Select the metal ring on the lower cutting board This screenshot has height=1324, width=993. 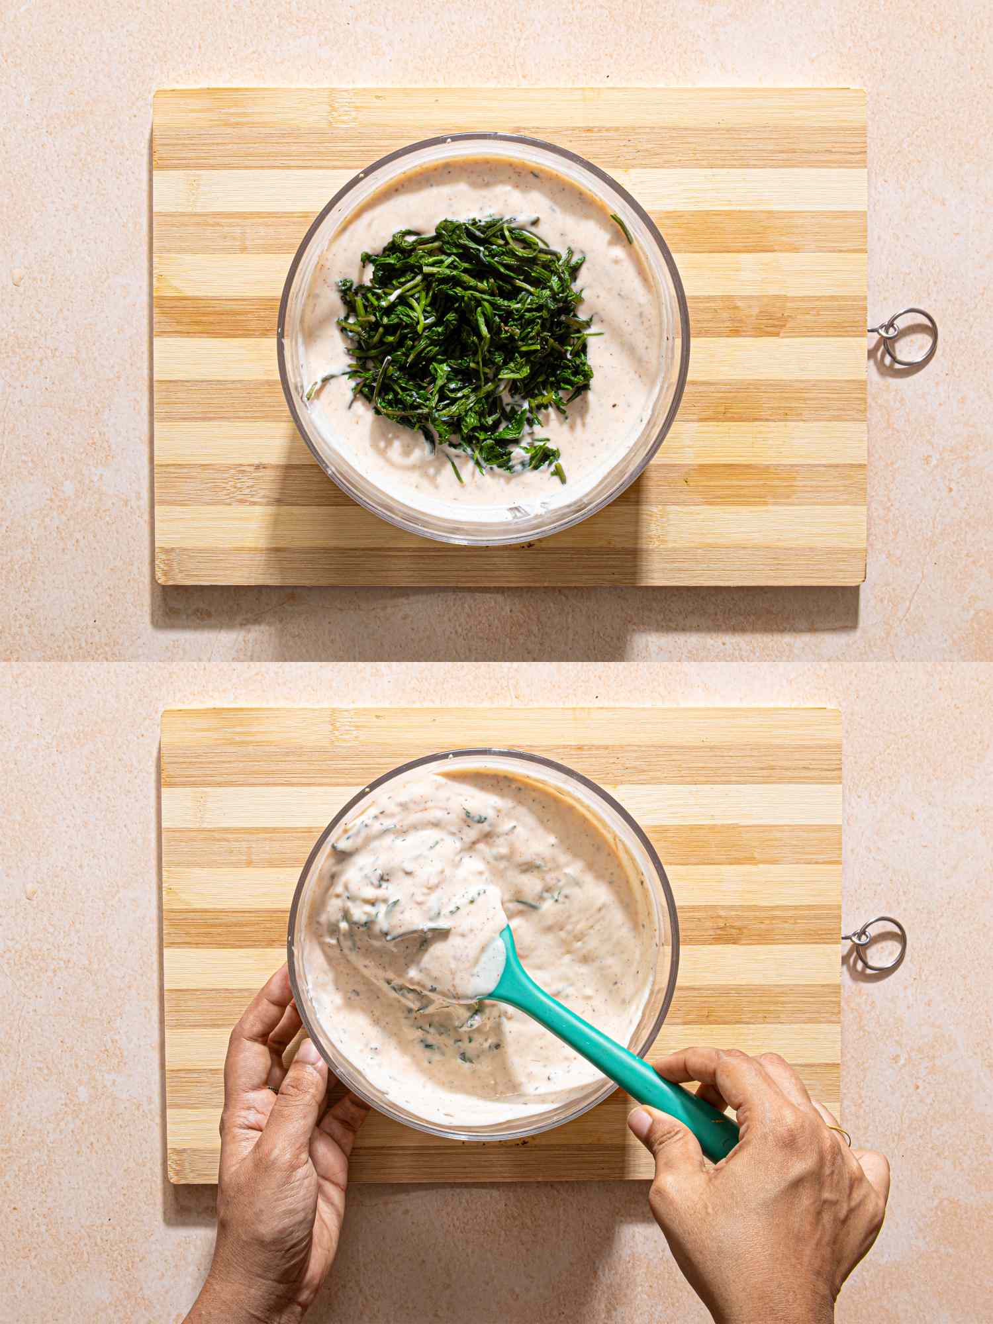coord(880,943)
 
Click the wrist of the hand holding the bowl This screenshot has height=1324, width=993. coord(245,1258)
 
